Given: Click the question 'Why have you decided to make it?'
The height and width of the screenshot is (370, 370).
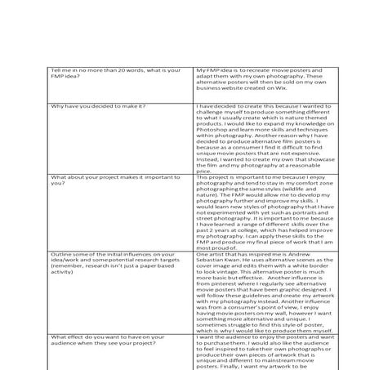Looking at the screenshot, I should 98,107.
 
